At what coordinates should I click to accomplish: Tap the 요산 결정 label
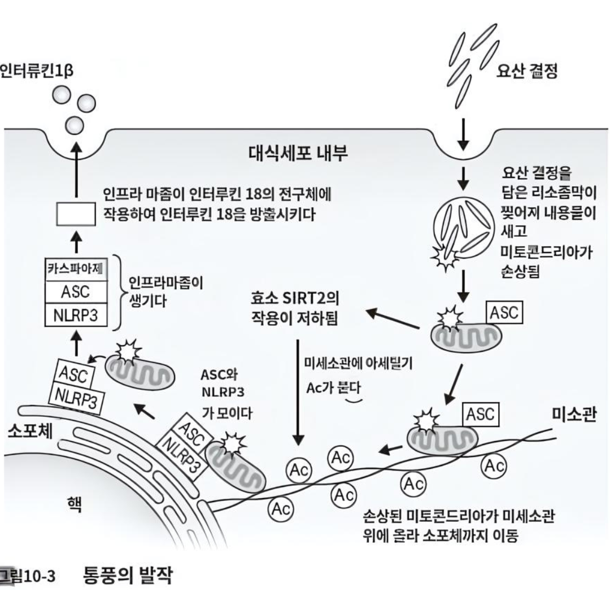526,71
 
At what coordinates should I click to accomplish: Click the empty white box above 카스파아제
76,216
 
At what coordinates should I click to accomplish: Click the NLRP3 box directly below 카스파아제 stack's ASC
75,315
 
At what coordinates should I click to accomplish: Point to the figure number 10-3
37,577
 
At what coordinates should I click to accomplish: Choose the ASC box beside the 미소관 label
481,415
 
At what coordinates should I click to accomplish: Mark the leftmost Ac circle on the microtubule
281,508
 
